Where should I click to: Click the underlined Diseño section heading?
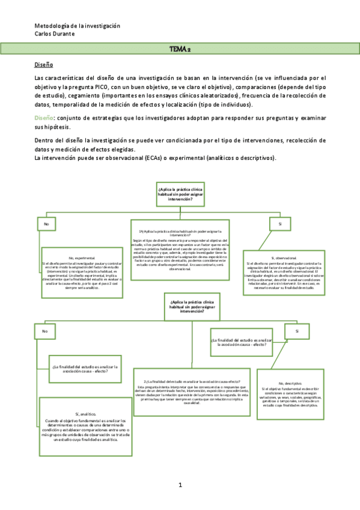44,64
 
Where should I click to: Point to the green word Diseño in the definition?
44,118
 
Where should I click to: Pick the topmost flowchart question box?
180,195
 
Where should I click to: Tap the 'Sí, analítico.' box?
87,420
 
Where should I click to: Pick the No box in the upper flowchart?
45,224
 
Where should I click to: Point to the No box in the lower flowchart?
43,331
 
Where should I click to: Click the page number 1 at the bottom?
180,485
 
